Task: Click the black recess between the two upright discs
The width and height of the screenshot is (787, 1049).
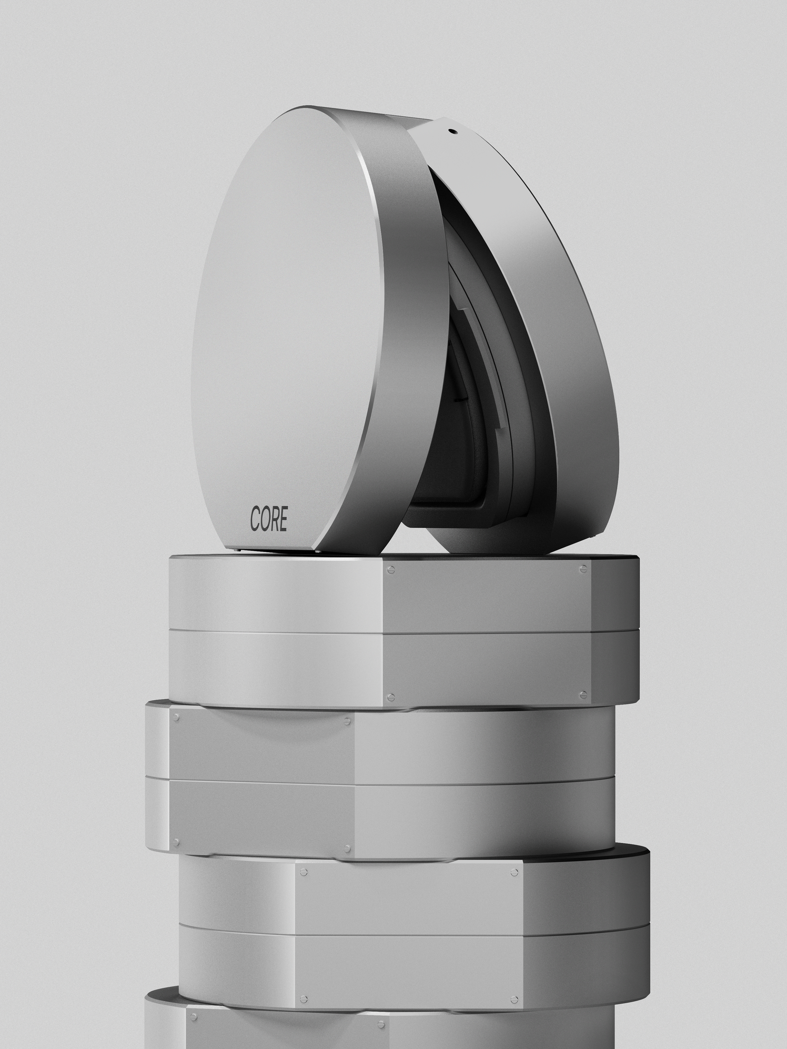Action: (x=439, y=474)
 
